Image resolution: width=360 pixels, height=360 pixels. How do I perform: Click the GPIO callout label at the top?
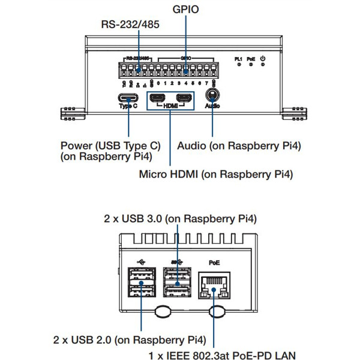[185, 9]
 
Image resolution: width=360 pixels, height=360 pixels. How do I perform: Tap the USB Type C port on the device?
[128, 98]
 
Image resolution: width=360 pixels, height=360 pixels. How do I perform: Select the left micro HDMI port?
[158, 98]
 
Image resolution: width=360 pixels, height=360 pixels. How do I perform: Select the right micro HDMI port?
[184, 98]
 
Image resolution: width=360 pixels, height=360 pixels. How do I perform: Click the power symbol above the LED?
[262, 58]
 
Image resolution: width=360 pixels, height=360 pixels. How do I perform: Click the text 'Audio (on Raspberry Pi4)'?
[239, 146]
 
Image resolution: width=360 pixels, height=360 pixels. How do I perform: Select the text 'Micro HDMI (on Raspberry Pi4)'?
[215, 175]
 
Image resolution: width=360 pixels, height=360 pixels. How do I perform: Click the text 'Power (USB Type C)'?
[111, 146]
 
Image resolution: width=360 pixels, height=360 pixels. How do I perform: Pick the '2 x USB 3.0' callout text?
[180, 219]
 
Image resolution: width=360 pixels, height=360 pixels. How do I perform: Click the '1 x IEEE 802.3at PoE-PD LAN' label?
[222, 355]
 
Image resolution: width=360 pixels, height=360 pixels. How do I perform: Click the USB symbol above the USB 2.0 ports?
[141, 262]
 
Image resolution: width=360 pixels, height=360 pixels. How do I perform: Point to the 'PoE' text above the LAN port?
[214, 263]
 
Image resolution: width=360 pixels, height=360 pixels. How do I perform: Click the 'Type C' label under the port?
[128, 107]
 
